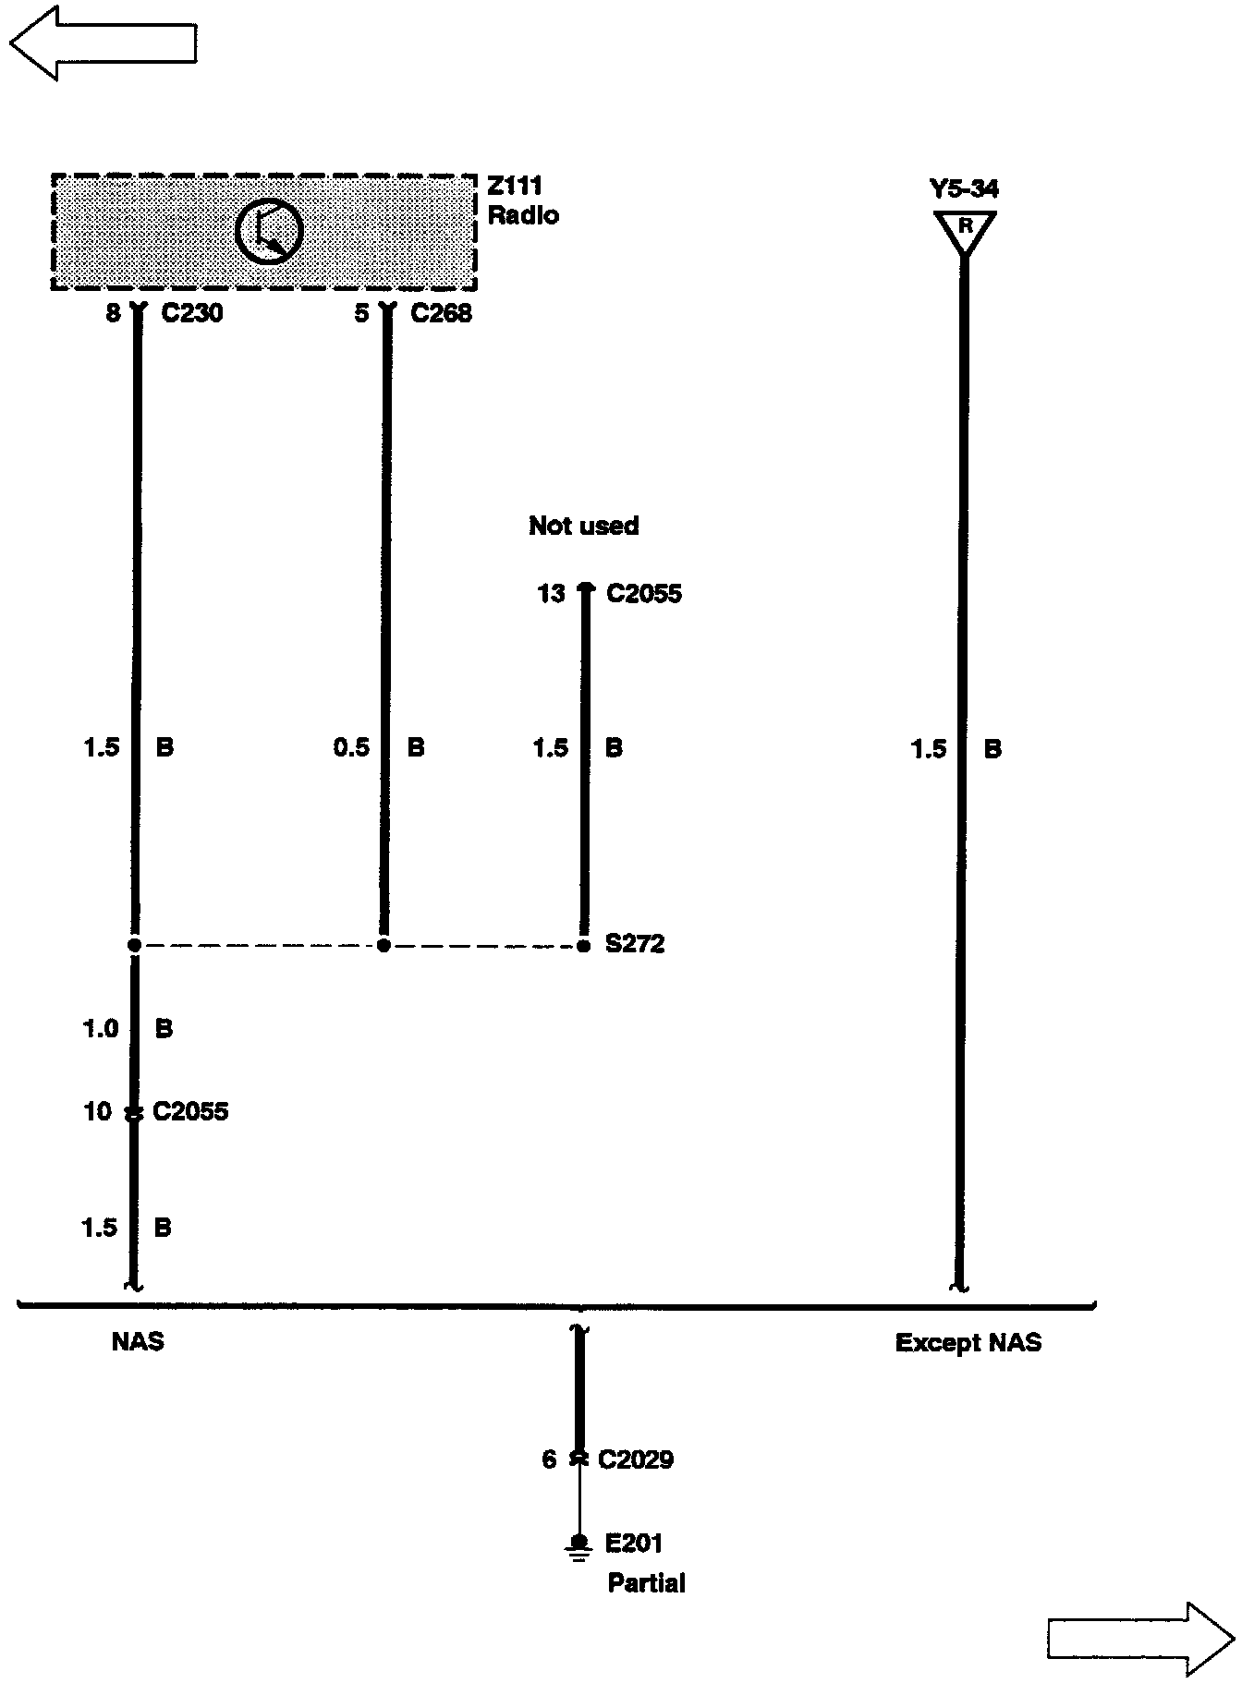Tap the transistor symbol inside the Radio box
click(269, 232)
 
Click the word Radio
click(523, 216)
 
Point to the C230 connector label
click(192, 314)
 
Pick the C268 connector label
click(441, 314)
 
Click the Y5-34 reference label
click(964, 189)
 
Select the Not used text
click(583, 526)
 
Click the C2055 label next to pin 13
click(644, 594)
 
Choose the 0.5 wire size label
click(351, 747)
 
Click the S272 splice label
click(635, 945)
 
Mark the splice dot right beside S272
click(583, 946)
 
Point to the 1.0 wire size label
click(101, 1029)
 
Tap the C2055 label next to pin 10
click(190, 1111)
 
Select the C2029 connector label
click(636, 1460)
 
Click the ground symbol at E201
click(579, 1549)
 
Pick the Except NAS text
click(968, 1342)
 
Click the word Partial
click(646, 1584)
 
